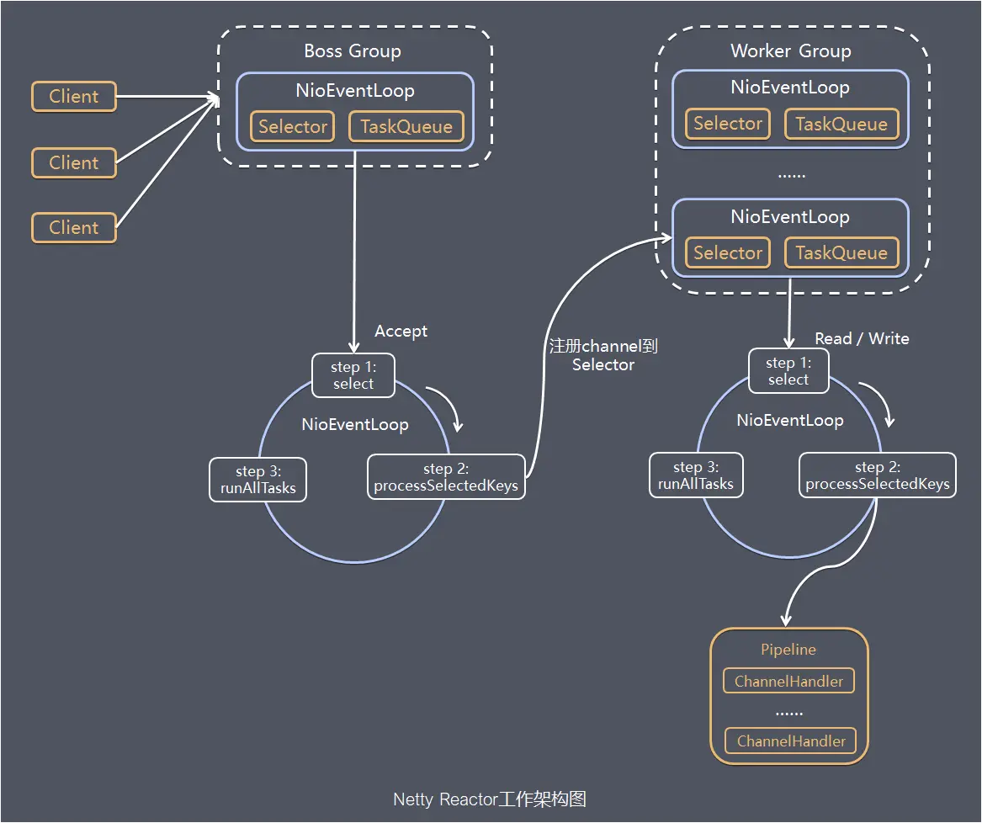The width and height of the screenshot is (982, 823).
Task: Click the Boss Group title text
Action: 353,51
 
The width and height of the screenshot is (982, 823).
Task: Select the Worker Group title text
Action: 790,51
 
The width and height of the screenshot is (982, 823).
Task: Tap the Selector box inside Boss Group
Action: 293,127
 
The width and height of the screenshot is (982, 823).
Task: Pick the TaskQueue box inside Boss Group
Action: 406,127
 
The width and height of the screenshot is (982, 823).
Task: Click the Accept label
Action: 401,332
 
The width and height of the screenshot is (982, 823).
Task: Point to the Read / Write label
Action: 862,338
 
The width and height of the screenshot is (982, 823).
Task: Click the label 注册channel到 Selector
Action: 602,355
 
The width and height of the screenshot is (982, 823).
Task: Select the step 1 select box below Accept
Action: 353,375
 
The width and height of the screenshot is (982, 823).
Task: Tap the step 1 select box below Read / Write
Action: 788,371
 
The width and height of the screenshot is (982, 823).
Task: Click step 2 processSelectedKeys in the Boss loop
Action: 446,477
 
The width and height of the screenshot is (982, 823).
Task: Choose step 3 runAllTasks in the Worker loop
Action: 696,475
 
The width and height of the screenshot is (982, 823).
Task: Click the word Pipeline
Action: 788,650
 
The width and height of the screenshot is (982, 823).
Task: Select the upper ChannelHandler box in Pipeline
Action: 788,682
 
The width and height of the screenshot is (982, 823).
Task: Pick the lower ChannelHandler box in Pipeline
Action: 791,741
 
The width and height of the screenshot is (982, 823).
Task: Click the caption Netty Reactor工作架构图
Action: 490,799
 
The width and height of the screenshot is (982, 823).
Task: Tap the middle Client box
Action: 74,163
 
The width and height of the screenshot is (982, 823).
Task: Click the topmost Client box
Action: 74,97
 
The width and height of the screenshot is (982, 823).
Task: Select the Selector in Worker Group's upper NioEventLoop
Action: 728,124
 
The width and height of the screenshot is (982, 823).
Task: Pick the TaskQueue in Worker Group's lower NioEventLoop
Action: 841,253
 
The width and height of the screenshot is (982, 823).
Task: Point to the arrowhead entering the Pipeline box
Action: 787,620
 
